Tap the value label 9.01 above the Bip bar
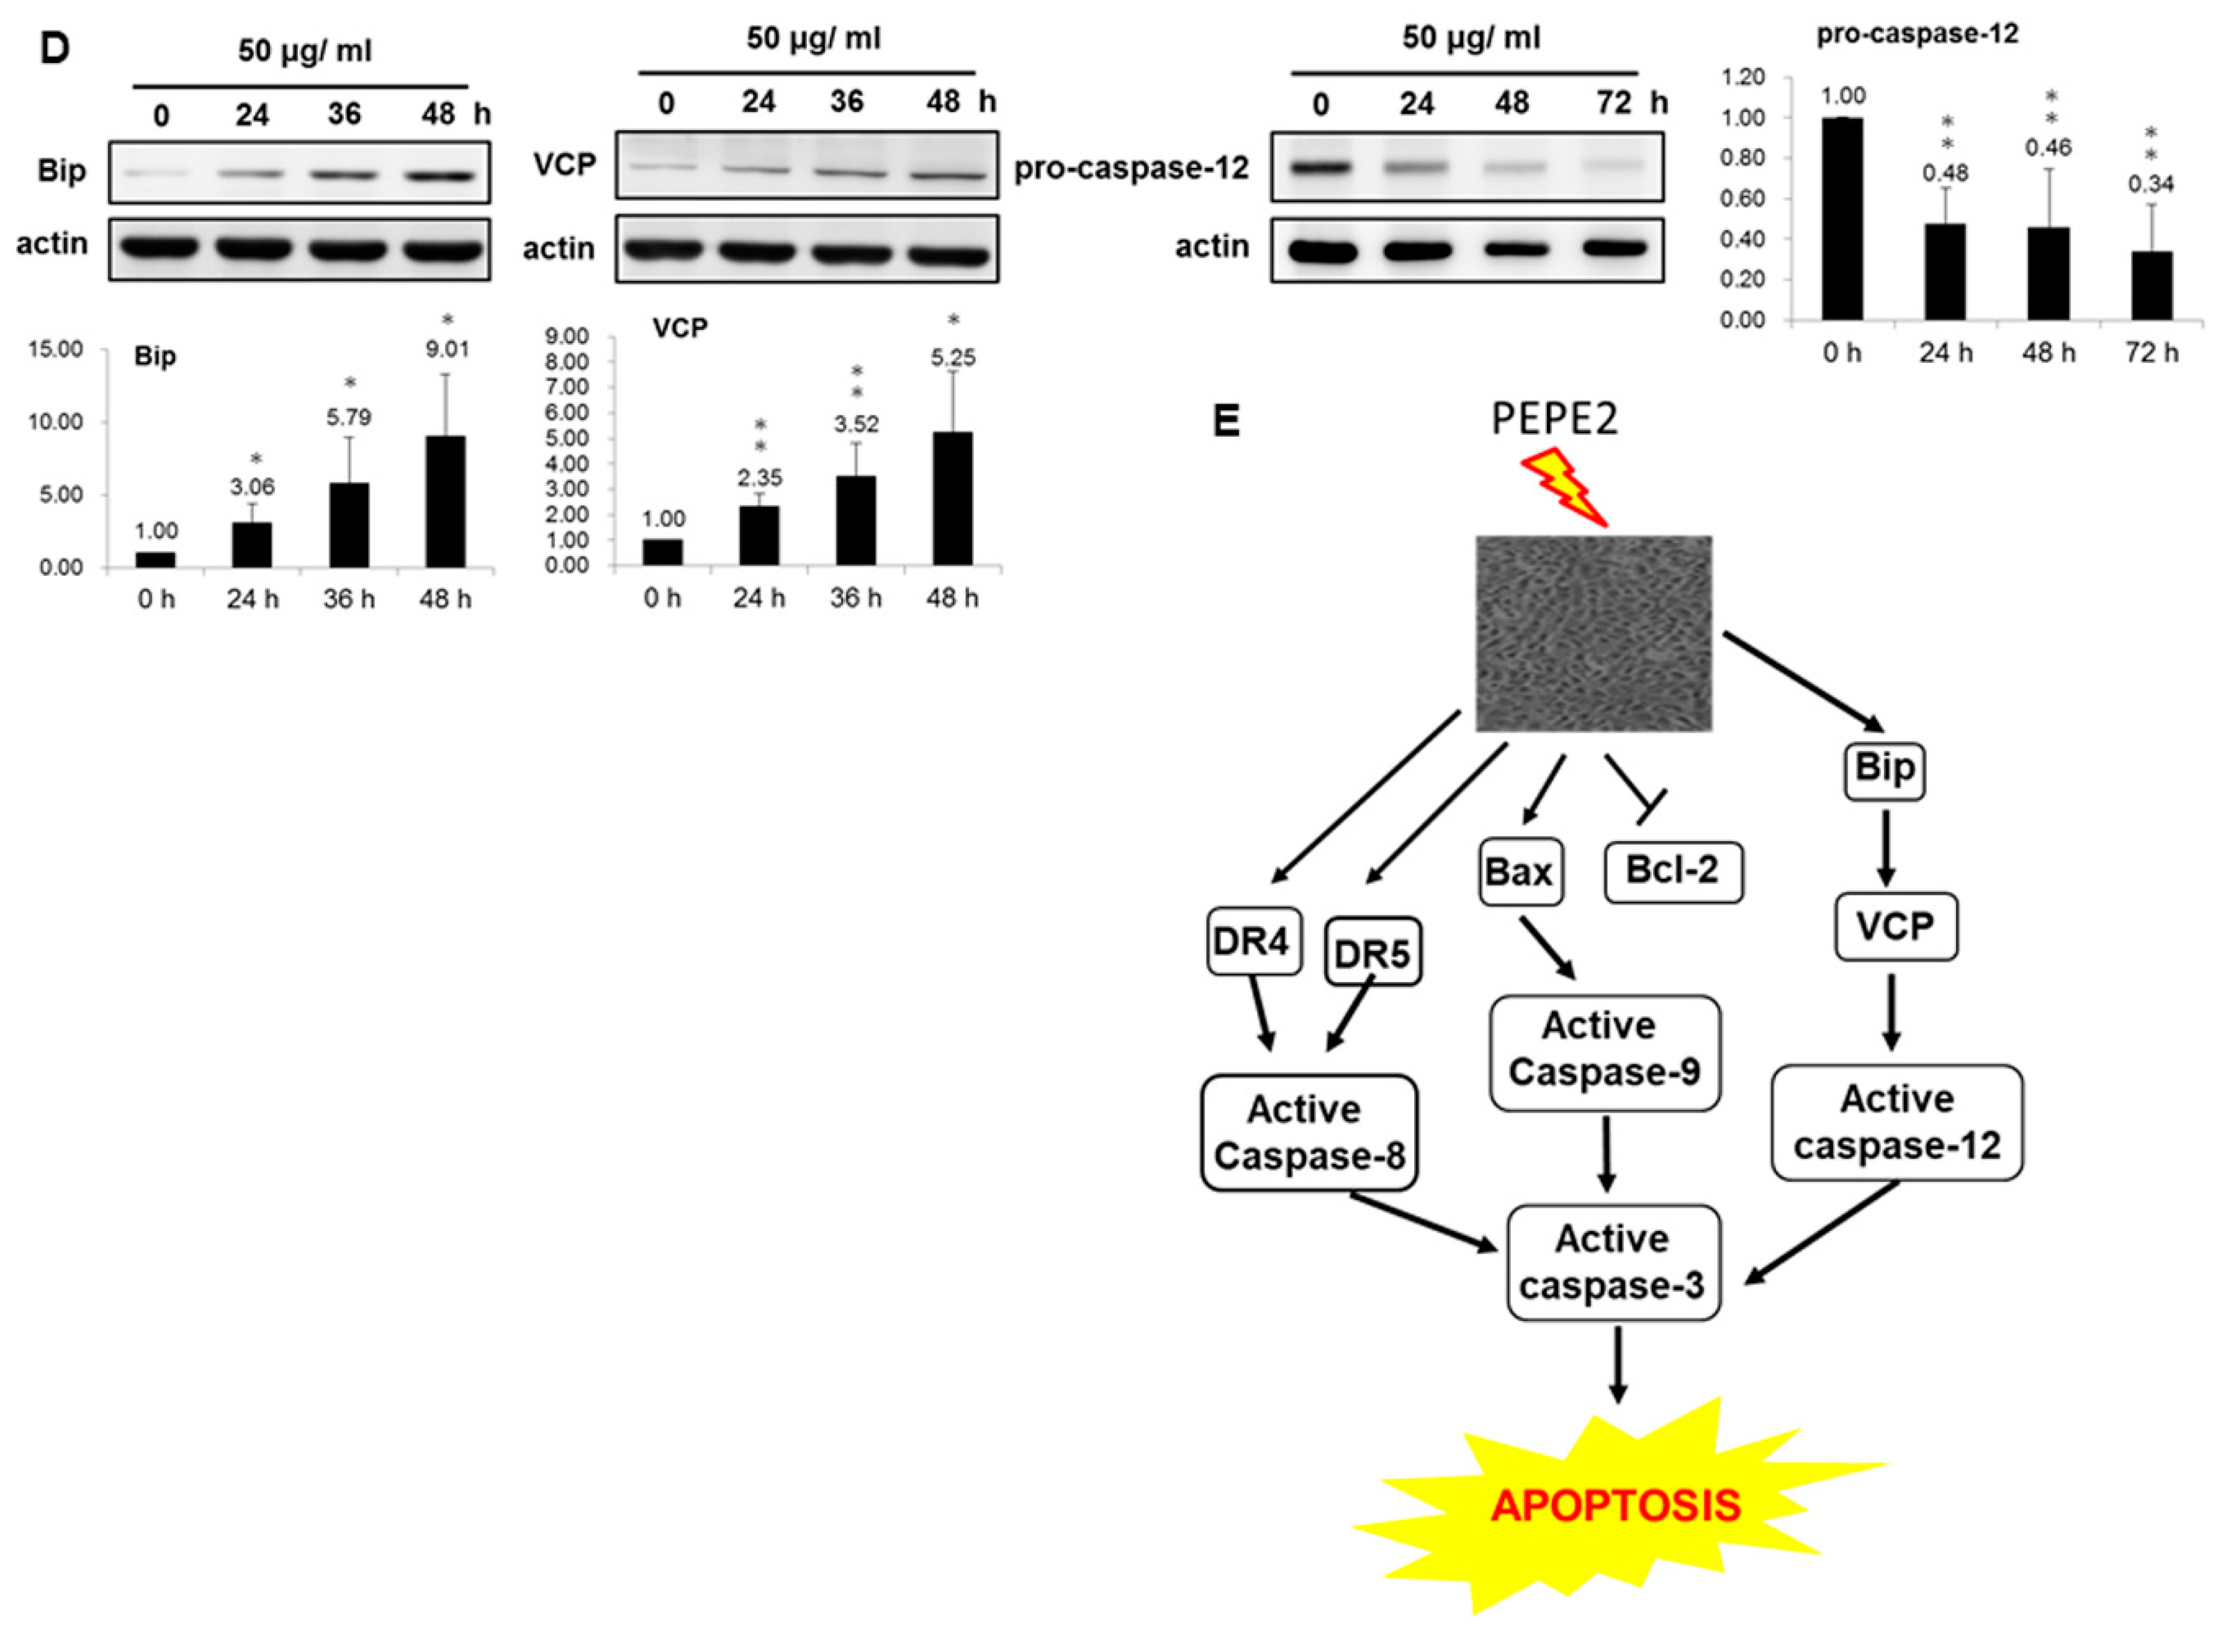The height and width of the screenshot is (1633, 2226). tap(447, 349)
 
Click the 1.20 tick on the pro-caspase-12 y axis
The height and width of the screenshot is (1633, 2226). tap(1742, 77)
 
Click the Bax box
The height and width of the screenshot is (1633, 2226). tap(1520, 872)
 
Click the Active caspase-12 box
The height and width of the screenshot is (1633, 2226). tap(1896, 1122)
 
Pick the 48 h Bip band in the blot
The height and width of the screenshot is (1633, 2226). tap(439, 176)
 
